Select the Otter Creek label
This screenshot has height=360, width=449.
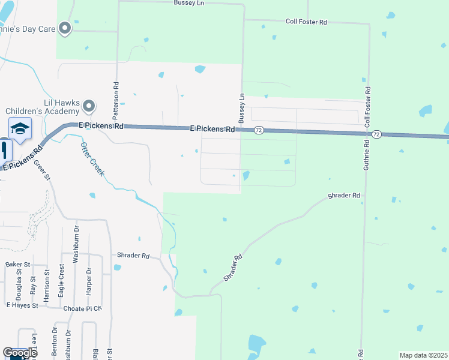(x=92, y=159)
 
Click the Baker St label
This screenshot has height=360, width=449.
(x=17, y=264)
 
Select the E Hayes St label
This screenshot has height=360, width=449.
(x=22, y=305)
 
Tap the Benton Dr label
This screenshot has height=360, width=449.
(x=55, y=343)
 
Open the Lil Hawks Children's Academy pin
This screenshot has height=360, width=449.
(x=89, y=107)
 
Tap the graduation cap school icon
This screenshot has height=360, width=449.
(x=20, y=128)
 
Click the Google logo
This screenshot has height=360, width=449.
(x=20, y=353)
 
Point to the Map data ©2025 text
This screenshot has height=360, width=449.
(x=423, y=355)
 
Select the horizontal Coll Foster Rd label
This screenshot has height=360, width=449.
(x=306, y=22)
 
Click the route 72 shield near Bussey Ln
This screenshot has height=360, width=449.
(x=258, y=130)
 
